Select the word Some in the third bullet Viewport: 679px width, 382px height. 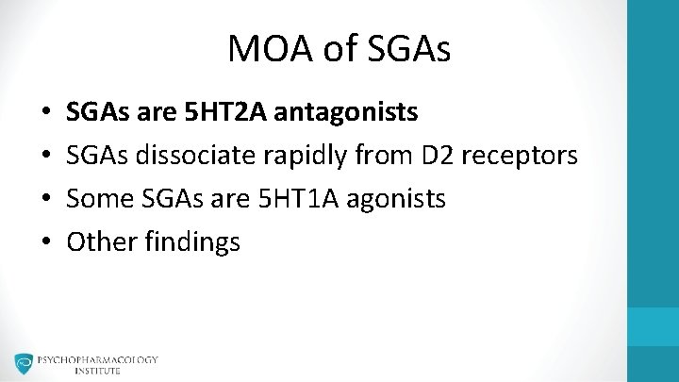(x=97, y=199)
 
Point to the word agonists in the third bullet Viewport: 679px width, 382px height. (x=397, y=200)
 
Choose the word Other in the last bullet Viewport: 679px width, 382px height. (x=99, y=241)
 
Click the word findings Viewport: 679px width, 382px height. (x=190, y=242)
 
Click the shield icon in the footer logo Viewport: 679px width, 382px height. (x=24, y=364)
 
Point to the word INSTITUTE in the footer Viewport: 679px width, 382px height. (x=98, y=371)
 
